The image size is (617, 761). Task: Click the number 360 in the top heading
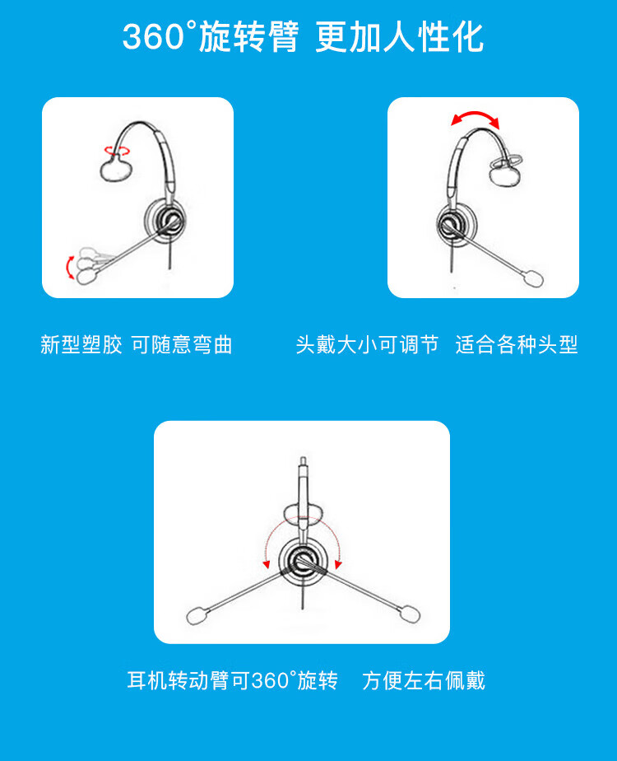coord(154,36)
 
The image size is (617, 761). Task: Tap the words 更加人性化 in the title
coord(399,36)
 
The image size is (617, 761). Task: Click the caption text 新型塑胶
coord(81,344)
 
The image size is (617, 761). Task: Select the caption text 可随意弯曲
coord(182,344)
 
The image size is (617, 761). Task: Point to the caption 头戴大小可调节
coord(367,344)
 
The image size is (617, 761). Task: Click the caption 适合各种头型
coord(517,344)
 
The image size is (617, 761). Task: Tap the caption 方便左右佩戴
coord(423,680)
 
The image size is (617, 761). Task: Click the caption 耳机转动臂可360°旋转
coord(232,680)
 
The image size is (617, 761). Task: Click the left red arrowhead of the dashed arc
coord(266,564)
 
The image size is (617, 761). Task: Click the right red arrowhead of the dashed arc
coord(338,564)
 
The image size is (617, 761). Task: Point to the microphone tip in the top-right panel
coord(532,278)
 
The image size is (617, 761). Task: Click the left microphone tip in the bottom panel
coord(197,616)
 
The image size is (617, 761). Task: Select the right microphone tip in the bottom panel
coord(410,614)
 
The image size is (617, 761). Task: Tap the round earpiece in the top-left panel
coord(165,218)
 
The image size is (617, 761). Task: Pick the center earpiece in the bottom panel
coord(303,562)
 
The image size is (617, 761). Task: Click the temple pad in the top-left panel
coord(116,170)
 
